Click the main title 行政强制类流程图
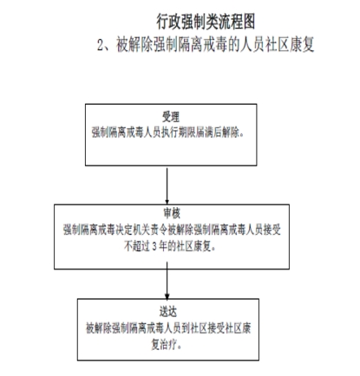(x=206, y=22)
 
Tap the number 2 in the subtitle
(x=101, y=45)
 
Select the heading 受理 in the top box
(x=171, y=117)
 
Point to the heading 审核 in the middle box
(x=172, y=213)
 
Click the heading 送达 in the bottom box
(x=167, y=312)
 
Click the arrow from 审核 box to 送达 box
(x=167, y=281)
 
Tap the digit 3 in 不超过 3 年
(x=154, y=247)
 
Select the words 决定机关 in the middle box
(x=133, y=230)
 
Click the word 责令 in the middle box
(x=159, y=230)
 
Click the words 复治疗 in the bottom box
(x=164, y=345)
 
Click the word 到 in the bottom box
(x=186, y=328)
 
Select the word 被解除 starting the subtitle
(x=134, y=45)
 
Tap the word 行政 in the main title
(x=168, y=22)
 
